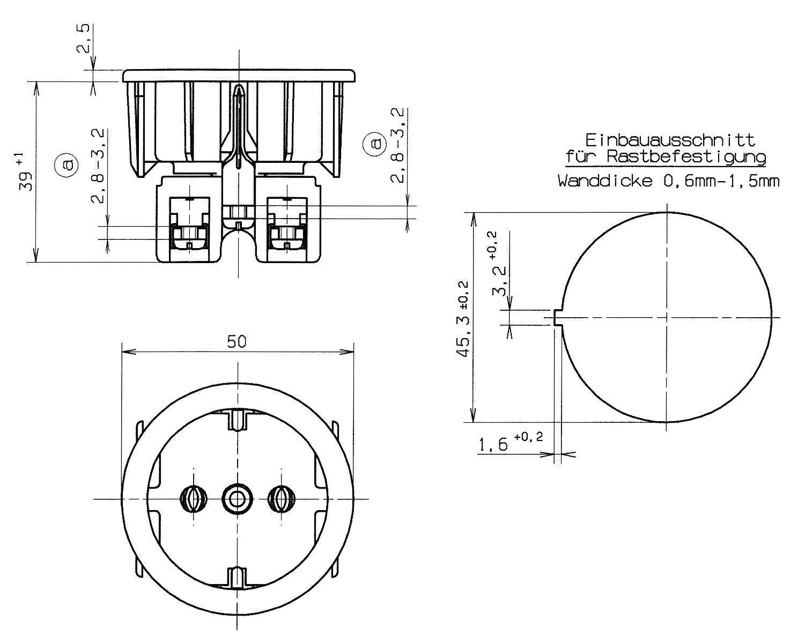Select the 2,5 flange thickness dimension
tap(84, 38)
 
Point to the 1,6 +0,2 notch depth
tap(511, 442)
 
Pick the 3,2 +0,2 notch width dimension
tap(497, 264)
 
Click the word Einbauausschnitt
tap(670, 140)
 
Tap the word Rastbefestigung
tap(686, 157)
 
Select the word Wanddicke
tap(605, 181)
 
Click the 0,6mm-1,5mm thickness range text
tap(721, 181)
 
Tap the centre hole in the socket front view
tap(237, 499)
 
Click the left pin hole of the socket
tap(194, 499)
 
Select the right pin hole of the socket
tap(282, 499)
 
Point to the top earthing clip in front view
tap(238, 419)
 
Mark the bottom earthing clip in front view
tap(237, 578)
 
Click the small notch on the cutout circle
tap(557, 318)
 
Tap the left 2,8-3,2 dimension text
tap(98, 166)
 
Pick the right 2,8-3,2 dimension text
tap(397, 146)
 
